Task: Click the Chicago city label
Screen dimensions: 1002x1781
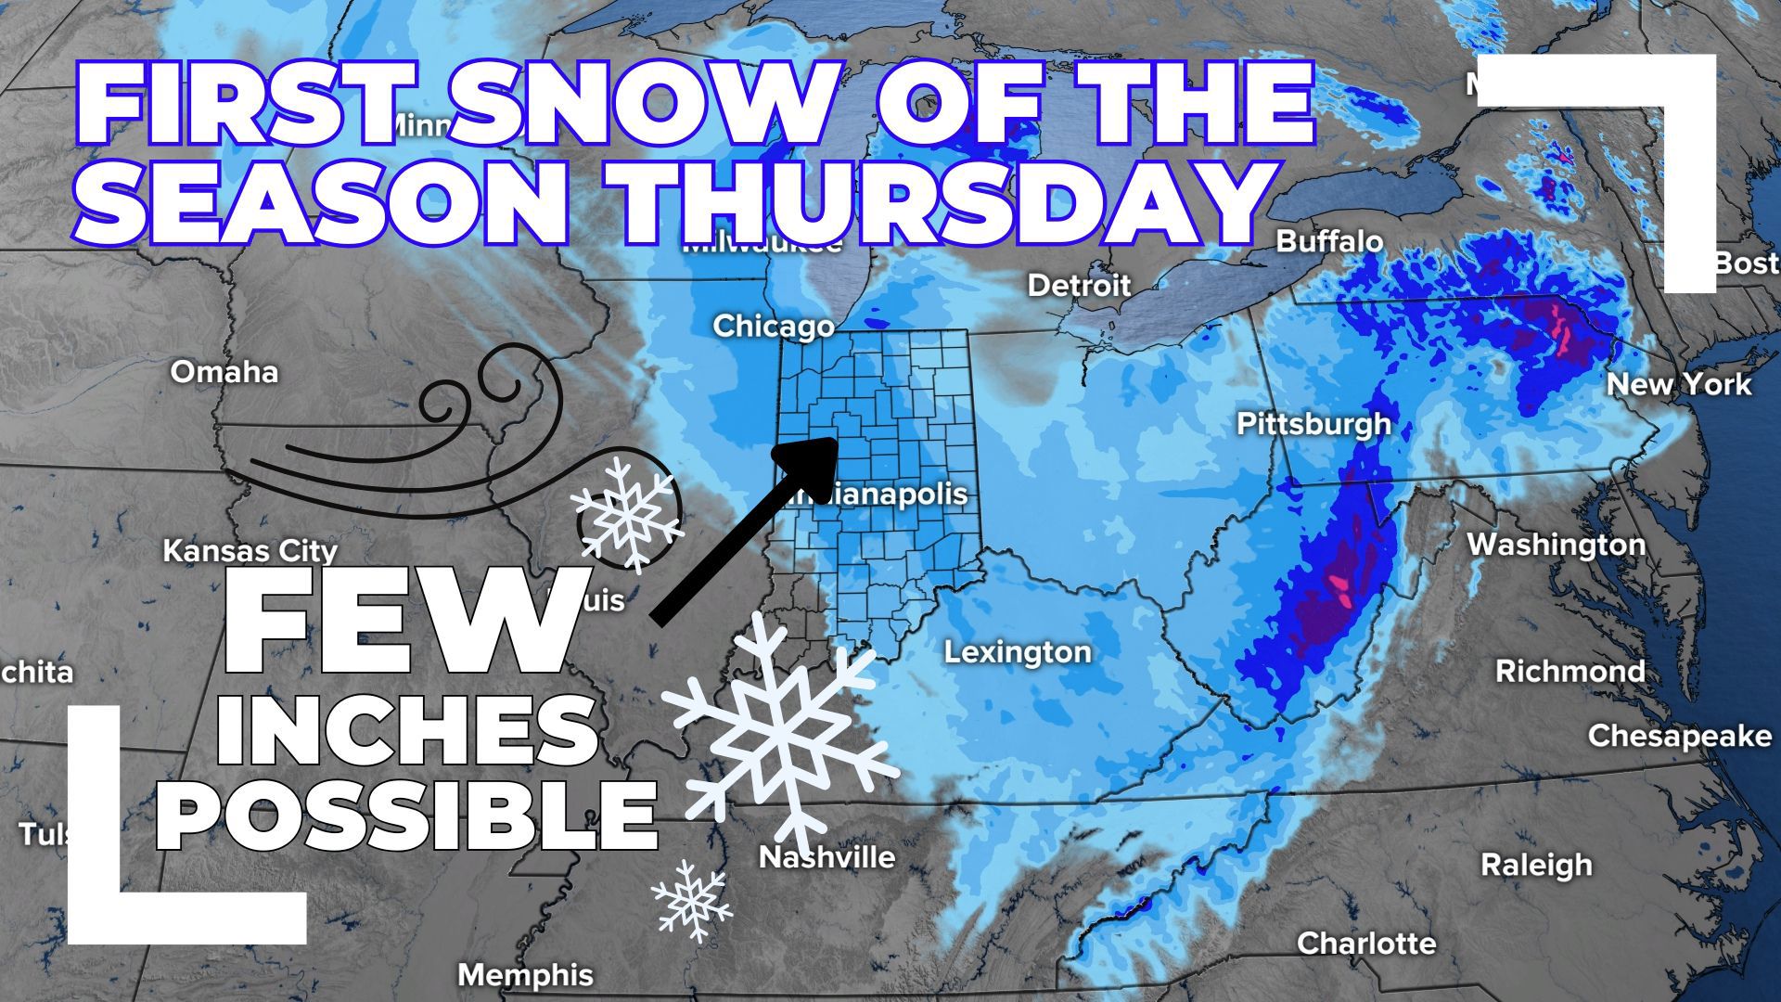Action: coord(773,327)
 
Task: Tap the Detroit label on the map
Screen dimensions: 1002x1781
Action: coord(1079,285)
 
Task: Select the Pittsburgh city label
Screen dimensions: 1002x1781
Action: coord(1313,424)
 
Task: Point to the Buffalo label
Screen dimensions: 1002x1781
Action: coord(1329,241)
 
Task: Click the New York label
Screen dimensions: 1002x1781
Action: coord(1678,384)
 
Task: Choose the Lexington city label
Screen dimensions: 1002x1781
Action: coord(1018,652)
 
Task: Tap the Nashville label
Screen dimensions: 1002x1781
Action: coord(826,856)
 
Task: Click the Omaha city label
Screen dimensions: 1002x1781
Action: coord(224,372)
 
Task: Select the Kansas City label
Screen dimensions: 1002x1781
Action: coord(250,551)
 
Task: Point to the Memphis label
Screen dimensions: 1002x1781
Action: coord(525,975)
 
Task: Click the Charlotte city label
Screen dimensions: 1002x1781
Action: coord(1365,944)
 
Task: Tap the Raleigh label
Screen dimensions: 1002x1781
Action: coord(1535,865)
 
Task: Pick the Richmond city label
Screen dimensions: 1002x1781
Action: coord(1570,671)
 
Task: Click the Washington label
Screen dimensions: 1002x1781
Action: coord(1556,545)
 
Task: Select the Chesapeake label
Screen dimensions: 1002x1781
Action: coord(1679,736)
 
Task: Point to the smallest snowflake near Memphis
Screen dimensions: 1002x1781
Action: coord(691,897)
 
